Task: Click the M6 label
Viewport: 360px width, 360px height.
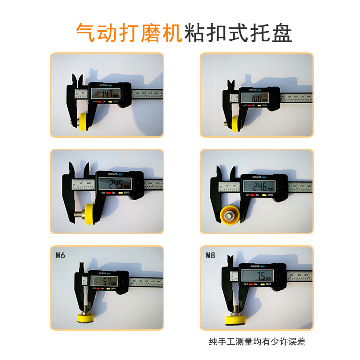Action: click(60, 255)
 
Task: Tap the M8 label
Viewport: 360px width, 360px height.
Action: click(210, 255)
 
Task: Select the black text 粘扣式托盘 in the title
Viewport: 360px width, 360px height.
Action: click(238, 33)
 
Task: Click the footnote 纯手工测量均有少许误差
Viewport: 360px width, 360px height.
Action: click(257, 342)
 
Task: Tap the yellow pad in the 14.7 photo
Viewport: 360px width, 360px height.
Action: click(84, 122)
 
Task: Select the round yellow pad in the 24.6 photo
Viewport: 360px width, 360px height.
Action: click(229, 215)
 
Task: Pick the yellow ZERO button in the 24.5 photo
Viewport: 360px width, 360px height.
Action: click(121, 192)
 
